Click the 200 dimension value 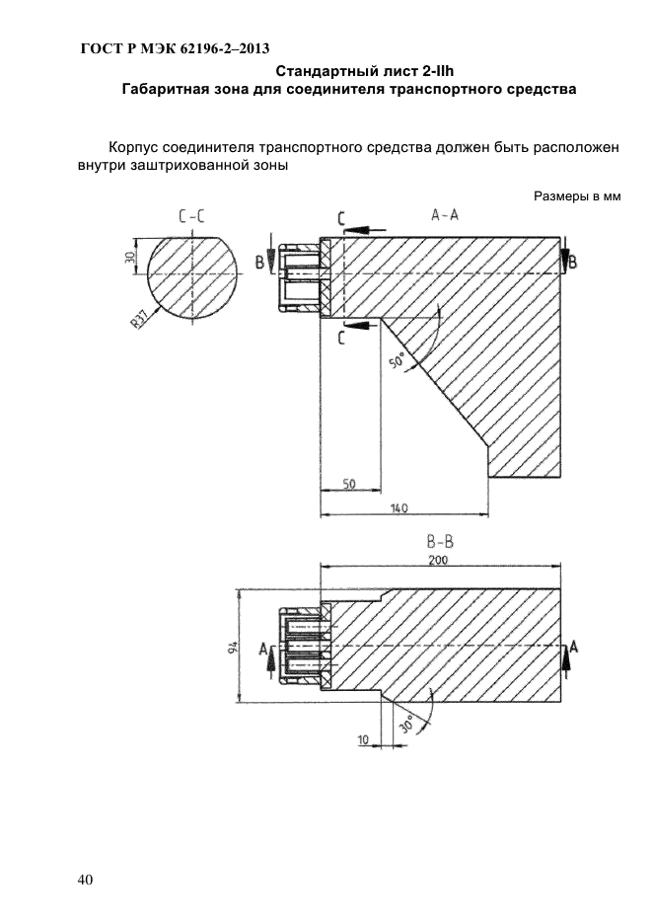pyautogui.click(x=438, y=559)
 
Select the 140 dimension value pyautogui.click(x=399, y=508)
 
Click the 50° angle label pyautogui.click(x=398, y=360)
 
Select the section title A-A pyautogui.click(x=445, y=215)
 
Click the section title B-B pyautogui.click(x=440, y=542)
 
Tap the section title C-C pyautogui.click(x=192, y=216)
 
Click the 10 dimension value pyautogui.click(x=364, y=739)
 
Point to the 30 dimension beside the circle pyautogui.click(x=130, y=257)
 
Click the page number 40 pyautogui.click(x=85, y=880)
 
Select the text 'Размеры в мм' pyautogui.click(x=577, y=196)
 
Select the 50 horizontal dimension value pyautogui.click(x=348, y=484)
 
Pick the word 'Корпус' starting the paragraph pyautogui.click(x=133, y=147)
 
